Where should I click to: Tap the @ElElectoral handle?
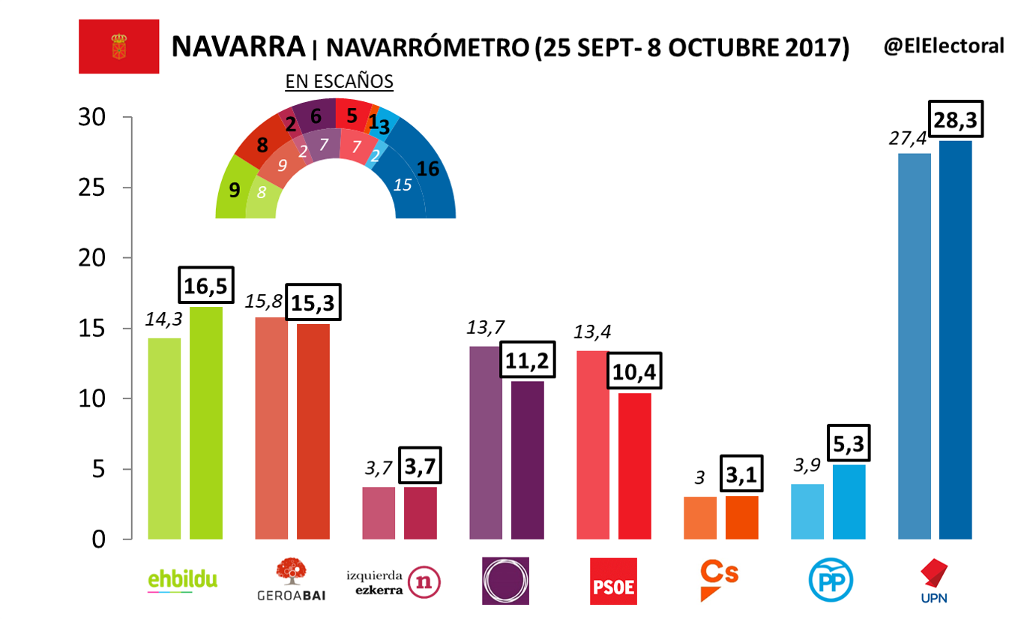click(944, 46)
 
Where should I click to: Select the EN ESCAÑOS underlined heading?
click(339, 81)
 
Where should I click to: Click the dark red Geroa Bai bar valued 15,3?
click(313, 431)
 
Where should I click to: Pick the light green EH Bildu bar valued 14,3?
click(164, 438)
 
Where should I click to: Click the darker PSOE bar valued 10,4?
click(634, 466)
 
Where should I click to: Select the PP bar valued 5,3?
click(849, 502)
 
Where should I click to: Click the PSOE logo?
click(614, 581)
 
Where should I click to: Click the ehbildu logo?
click(184, 579)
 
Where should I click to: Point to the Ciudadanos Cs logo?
click(719, 579)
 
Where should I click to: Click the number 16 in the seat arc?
click(427, 169)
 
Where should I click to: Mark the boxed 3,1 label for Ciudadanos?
click(741, 475)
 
